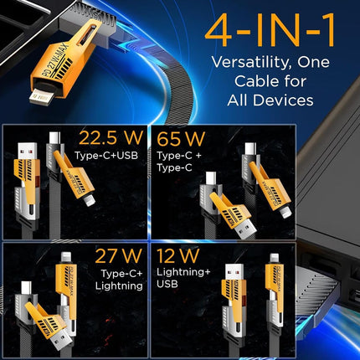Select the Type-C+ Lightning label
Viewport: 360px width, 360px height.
pos(107,280)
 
